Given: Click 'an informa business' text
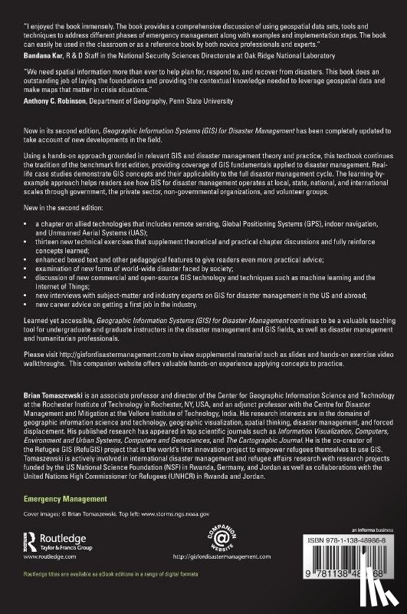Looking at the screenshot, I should point(363,552).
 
